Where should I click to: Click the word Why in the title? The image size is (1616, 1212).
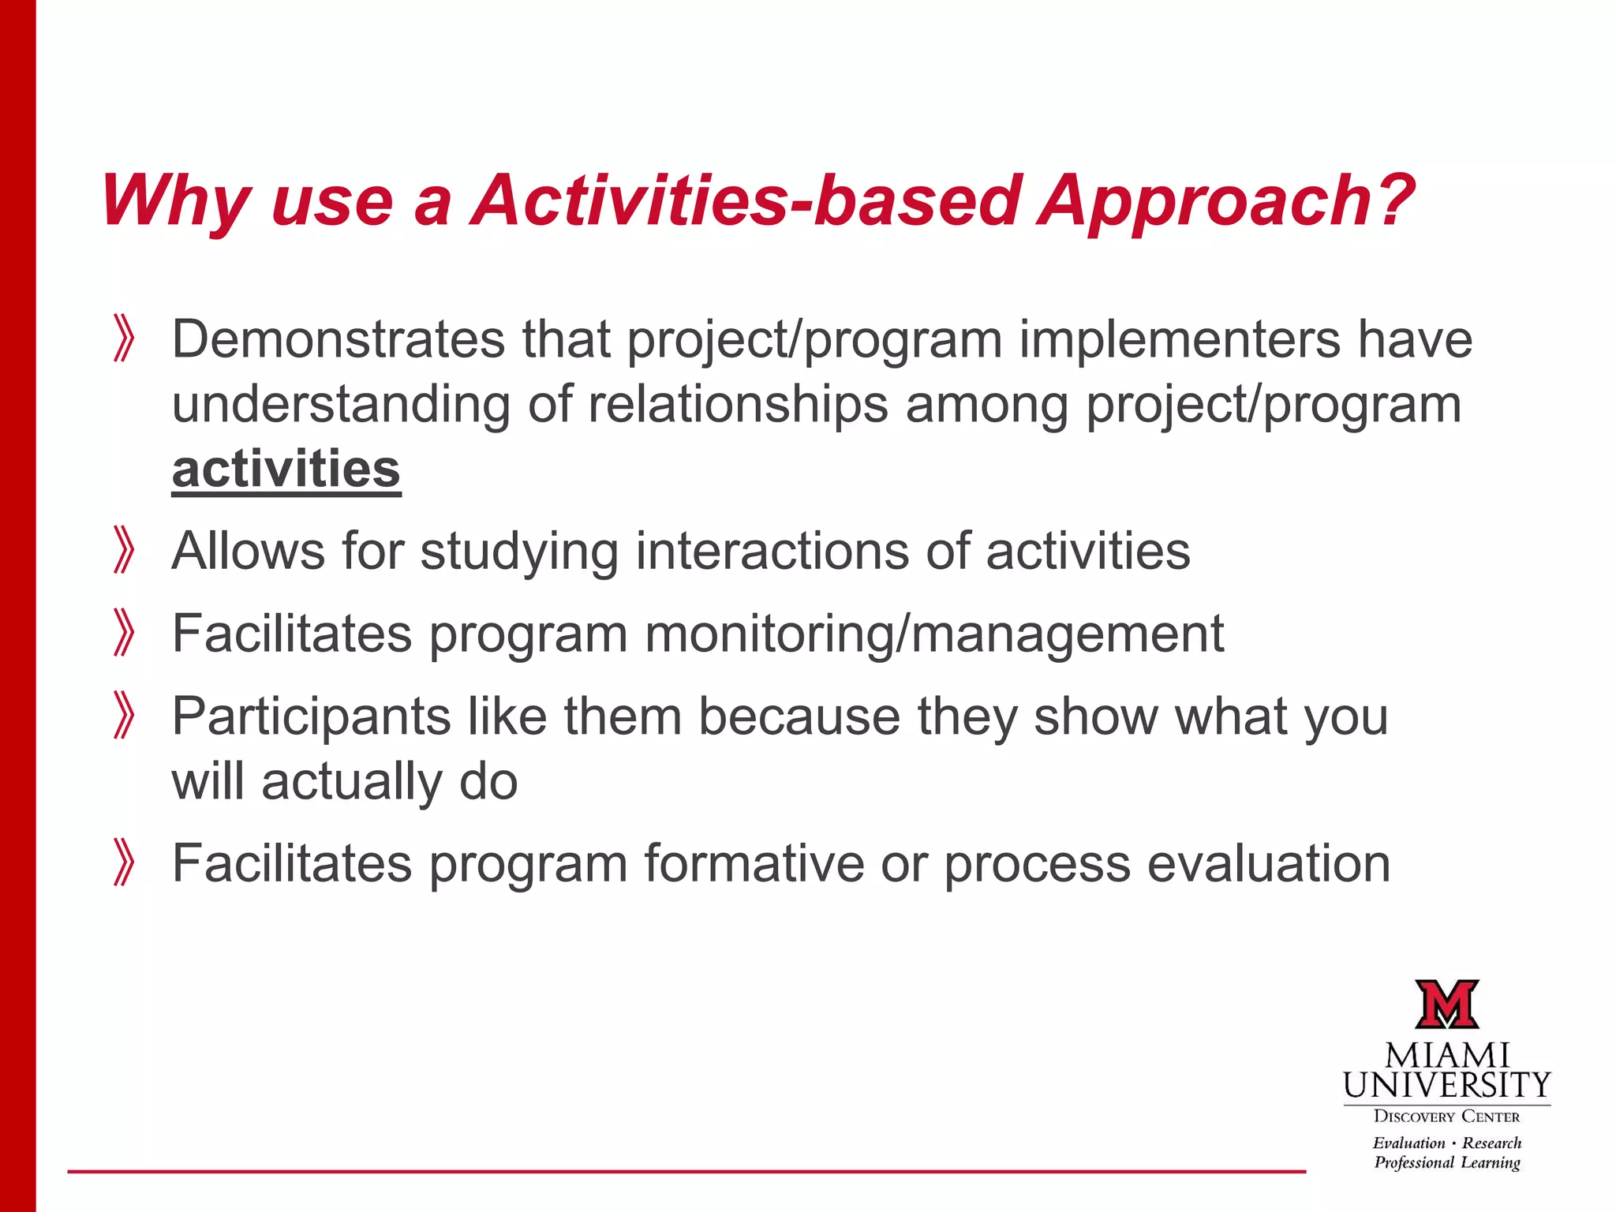tap(175, 201)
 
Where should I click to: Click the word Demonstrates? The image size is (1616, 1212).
tap(338, 339)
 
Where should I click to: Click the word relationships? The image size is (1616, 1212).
tap(739, 404)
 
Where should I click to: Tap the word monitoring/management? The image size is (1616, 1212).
tap(934, 634)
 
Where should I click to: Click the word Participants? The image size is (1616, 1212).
tap(311, 717)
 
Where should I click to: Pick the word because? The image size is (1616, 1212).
tap(799, 716)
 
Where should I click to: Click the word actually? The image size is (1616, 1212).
tap(352, 781)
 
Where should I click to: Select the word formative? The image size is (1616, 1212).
tap(754, 862)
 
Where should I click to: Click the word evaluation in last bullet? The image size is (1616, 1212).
tap(1268, 862)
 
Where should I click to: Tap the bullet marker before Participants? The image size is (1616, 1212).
tap(124, 715)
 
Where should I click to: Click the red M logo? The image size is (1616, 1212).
tap(1446, 1004)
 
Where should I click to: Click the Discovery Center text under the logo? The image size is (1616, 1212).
tap(1446, 1117)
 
